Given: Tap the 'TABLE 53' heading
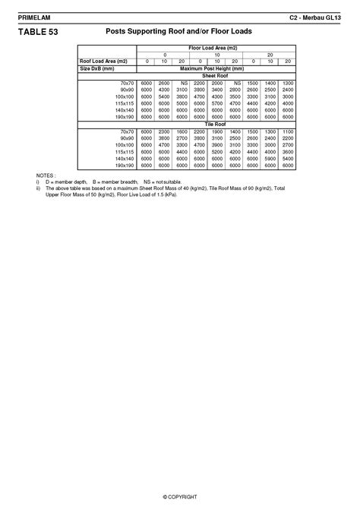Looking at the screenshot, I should point(36,32).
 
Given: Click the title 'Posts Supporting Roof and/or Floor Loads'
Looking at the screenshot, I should point(179,32).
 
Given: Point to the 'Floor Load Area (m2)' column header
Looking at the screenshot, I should point(216,48).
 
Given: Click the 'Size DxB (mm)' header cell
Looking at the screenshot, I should point(96,68).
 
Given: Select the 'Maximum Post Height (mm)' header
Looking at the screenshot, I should point(216,68).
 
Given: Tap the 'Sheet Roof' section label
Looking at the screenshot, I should point(216,75).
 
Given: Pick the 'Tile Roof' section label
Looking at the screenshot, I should point(216,124).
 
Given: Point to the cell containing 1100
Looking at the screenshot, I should point(288,131).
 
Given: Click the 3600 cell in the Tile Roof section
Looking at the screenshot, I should point(288,151).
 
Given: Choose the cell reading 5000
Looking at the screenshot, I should point(182,103).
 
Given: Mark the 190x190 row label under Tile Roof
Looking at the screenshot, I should point(124,165).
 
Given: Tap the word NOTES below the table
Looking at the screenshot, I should point(45,175).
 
